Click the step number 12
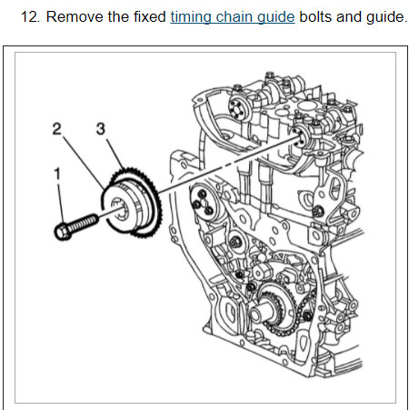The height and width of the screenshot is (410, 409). tap(30, 16)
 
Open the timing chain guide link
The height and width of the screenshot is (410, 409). tap(233, 17)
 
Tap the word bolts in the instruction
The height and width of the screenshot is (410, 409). tap(315, 16)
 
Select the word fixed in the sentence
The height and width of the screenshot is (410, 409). tap(150, 16)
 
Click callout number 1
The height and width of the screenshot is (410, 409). tap(57, 174)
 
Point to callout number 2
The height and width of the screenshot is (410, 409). tap(56, 129)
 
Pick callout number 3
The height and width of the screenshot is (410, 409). tap(101, 129)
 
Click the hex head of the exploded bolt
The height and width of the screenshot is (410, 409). tap(63, 232)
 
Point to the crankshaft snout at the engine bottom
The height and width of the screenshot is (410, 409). tap(258, 312)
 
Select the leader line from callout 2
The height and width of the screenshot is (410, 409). tap(84, 163)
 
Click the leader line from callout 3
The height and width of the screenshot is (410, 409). tap(115, 155)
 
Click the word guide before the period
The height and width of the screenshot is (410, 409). tap(384, 17)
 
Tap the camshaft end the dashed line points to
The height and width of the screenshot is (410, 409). tap(300, 139)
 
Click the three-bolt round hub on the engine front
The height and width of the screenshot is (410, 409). tap(203, 202)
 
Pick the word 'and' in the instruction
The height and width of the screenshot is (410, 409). tap(349, 16)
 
